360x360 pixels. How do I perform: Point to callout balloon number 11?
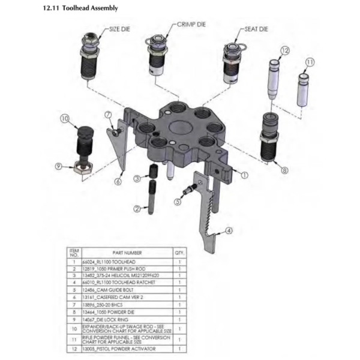(x=310, y=62)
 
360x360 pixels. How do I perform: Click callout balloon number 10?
(x=65, y=119)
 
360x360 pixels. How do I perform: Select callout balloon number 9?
(x=59, y=166)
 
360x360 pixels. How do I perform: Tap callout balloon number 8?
(x=284, y=170)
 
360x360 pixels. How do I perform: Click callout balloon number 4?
(x=229, y=230)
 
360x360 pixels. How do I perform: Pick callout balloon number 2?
(x=137, y=209)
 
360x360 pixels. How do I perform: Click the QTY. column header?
(x=179, y=253)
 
